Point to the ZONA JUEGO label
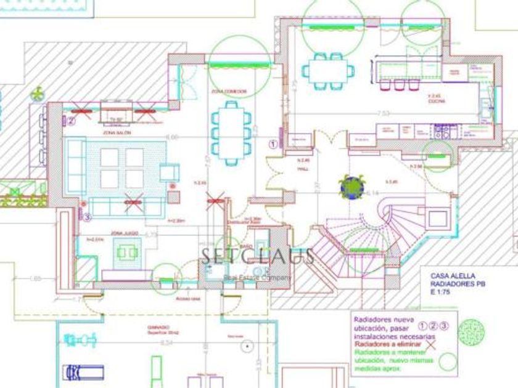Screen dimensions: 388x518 click(124, 233)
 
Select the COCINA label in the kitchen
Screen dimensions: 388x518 click(437, 102)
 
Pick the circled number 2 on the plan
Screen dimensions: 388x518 click(71, 121)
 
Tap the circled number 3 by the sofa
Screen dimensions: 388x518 click(88, 216)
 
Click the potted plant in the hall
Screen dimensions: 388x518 click(350, 186)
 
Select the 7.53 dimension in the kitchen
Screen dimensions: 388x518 click(384, 113)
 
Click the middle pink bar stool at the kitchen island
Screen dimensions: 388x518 click(398, 85)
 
